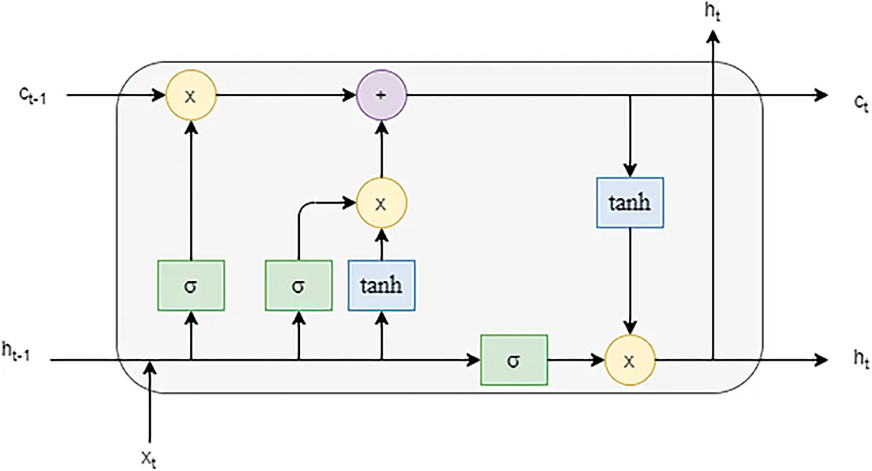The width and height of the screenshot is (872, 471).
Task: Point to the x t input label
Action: pyautogui.click(x=150, y=457)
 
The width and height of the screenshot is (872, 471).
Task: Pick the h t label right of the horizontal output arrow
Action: pyautogui.click(x=859, y=359)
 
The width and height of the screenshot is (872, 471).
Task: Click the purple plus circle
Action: pyautogui.click(x=381, y=95)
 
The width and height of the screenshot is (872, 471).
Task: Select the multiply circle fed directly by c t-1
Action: pyautogui.click(x=190, y=95)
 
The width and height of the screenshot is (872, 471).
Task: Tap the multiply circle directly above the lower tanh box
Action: pyautogui.click(x=381, y=203)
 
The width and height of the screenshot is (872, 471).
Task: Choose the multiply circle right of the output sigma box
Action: pyautogui.click(x=629, y=361)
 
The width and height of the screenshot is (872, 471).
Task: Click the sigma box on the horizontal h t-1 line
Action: pyautogui.click(x=514, y=361)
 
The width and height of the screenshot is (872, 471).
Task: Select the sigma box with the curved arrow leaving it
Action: pyautogui.click(x=298, y=285)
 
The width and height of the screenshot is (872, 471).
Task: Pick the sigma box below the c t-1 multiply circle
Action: pyautogui.click(x=190, y=285)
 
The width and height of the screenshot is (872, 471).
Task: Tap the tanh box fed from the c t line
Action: pyautogui.click(x=629, y=203)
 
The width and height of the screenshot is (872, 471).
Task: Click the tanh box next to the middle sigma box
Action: pyautogui.click(x=381, y=285)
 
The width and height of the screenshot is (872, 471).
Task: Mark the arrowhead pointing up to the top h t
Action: pyautogui.click(x=714, y=37)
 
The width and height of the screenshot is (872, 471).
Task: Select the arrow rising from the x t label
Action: pyautogui.click(x=150, y=402)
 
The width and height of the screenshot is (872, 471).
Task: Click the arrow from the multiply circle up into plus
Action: pyautogui.click(x=381, y=150)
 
